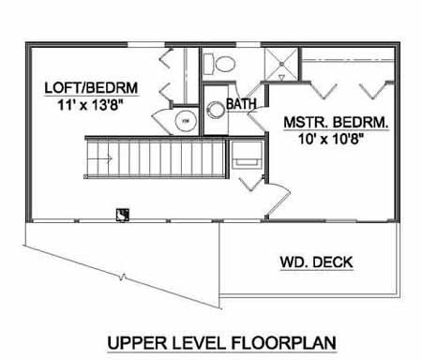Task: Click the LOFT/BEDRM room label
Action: point(91,88)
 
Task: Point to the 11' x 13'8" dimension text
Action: point(89,105)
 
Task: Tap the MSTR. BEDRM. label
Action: point(337,122)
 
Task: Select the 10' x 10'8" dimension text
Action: point(331,139)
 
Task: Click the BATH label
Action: point(241,104)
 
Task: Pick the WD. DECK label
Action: point(316,262)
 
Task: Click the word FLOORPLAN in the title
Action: point(284,343)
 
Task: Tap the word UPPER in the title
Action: point(137,343)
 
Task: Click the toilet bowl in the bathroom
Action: point(225,64)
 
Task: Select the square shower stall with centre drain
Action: point(281,64)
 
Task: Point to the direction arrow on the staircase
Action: point(99,159)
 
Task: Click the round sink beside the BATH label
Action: point(216,110)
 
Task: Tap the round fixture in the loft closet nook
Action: point(186,121)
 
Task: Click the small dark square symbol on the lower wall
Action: point(123,215)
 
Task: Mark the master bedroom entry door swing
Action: point(279,200)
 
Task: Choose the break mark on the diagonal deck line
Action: point(123,276)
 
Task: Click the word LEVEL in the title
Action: point(199,343)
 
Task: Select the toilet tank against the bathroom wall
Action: point(208,64)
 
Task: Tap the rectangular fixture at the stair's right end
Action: point(247,155)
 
